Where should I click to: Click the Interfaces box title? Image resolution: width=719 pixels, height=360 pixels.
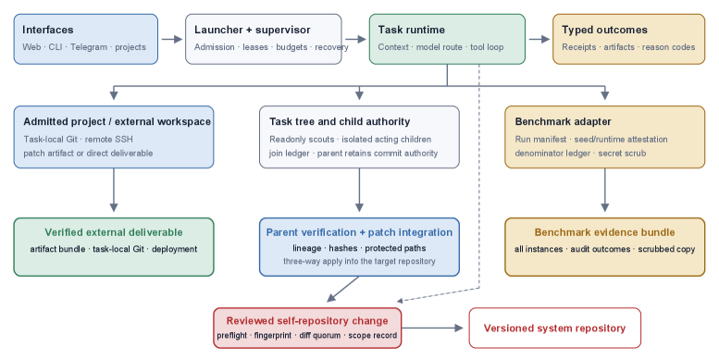pos(48,30)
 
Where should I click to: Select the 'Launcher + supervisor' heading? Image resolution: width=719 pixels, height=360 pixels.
pos(253,30)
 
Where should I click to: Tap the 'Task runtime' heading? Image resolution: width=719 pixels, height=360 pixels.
pos(411,30)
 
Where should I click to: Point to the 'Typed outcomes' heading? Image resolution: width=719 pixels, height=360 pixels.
pos(604,30)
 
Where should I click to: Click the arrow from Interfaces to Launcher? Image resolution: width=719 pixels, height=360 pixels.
pos(172,40)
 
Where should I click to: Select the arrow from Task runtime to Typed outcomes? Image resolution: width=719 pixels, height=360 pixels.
pos(539,40)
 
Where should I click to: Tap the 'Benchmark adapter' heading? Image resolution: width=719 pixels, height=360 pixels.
pos(564,121)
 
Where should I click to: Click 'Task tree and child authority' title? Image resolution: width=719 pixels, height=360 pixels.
pos(340,121)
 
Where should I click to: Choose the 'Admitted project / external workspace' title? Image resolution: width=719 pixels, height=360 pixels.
pos(117,121)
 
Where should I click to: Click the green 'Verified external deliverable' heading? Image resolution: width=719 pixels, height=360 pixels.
pos(114,232)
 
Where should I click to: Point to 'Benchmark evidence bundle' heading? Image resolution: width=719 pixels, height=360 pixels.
pos(604,232)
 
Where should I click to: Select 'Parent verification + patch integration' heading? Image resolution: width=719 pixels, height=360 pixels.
pos(359,232)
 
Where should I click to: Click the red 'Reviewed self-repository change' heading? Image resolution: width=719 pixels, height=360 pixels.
pos(307,320)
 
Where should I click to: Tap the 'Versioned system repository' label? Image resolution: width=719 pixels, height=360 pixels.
pos(554,329)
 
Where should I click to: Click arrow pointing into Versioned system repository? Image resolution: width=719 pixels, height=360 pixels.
pos(432,328)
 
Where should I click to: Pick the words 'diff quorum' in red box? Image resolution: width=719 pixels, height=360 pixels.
pos(319,336)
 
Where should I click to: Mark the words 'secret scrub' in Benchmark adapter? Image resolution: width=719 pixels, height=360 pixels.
pos(622,154)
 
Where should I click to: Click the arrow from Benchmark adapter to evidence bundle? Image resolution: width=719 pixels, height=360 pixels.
pos(604,190)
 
